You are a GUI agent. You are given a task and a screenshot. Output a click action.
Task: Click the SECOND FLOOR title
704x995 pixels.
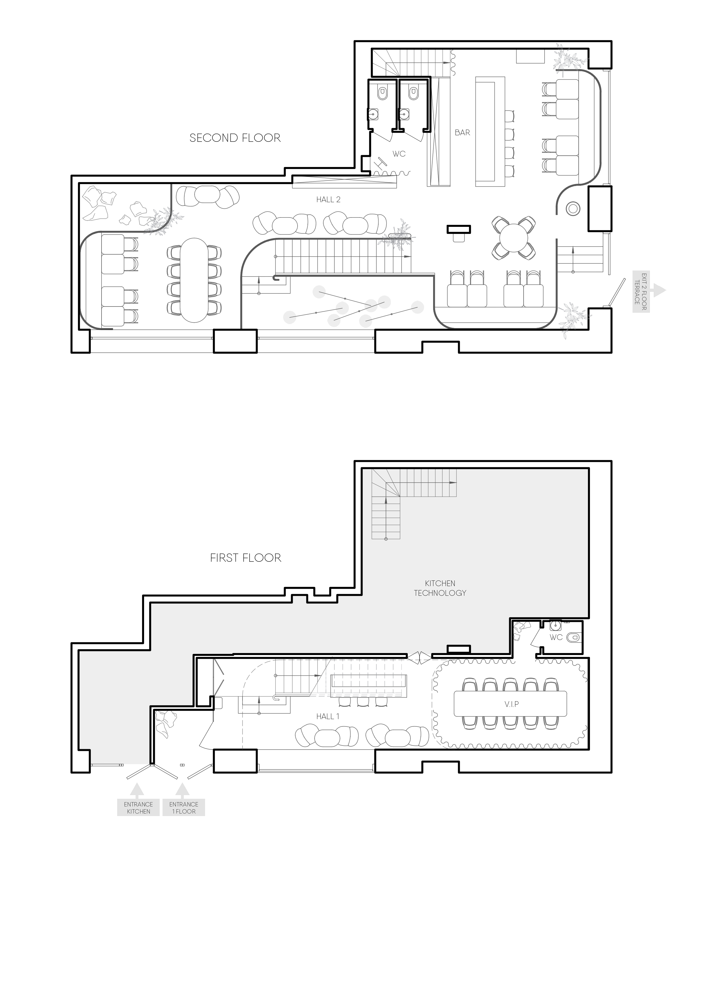tap(235, 138)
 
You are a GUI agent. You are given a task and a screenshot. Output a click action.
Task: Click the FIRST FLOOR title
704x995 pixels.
tap(245, 558)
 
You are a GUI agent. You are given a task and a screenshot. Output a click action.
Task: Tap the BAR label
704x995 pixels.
tap(462, 133)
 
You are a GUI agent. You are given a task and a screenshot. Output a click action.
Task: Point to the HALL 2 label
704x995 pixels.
tap(328, 199)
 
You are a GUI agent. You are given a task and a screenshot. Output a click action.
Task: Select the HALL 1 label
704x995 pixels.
tap(328, 716)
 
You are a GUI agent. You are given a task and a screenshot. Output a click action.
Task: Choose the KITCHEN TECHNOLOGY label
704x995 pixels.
tap(440, 588)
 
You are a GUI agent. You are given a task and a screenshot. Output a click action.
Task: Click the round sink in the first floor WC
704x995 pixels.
tap(556, 625)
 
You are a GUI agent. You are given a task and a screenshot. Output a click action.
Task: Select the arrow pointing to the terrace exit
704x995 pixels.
tap(659, 290)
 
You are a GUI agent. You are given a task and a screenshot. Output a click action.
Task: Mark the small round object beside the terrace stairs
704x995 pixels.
tap(573, 209)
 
